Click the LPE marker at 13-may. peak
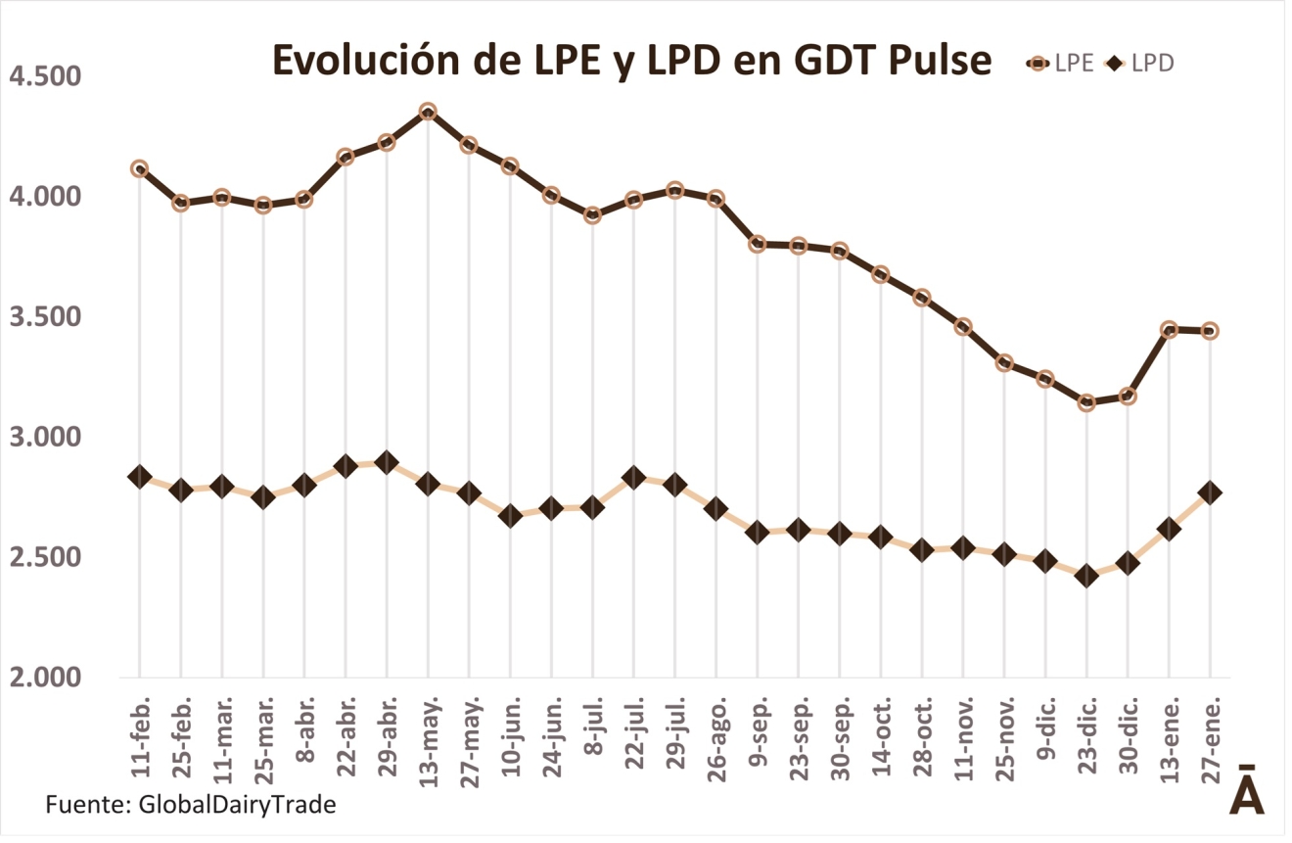[x=428, y=112]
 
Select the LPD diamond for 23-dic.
[x=1086, y=576]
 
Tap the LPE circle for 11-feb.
[x=139, y=168]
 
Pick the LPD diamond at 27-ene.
[x=1210, y=492]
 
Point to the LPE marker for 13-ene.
[x=1169, y=329]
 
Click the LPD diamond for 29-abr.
[x=387, y=462]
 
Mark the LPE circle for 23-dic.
[x=1086, y=402]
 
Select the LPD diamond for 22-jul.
[x=633, y=478]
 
